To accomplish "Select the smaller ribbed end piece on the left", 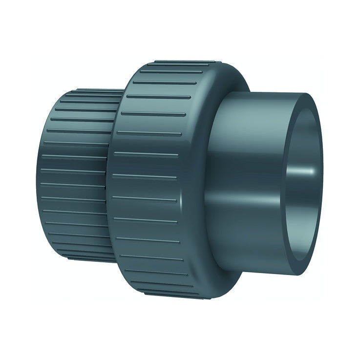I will pos(73,171).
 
